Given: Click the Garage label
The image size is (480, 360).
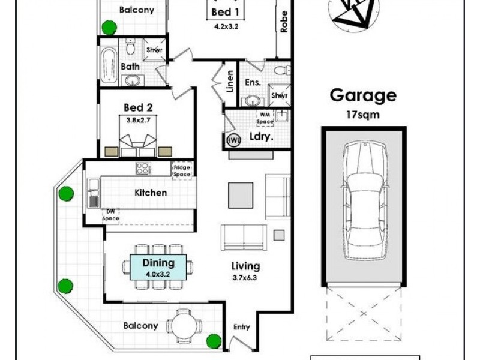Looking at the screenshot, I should pos(363,96).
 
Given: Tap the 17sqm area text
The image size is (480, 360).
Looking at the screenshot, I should pos(363,114).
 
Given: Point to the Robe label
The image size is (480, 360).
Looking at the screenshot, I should pos(283,22).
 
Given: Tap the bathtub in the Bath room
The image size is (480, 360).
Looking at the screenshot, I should pos(109,65).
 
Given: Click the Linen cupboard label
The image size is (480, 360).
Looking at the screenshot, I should pos(230,80).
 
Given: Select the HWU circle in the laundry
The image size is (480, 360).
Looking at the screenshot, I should pos(233,140).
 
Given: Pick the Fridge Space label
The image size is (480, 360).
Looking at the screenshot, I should pos(181,170).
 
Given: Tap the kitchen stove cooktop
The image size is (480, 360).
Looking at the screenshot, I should pos(144,169).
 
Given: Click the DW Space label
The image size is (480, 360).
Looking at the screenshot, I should pos(110,215).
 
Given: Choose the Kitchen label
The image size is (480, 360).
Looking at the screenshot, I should pos(151,193).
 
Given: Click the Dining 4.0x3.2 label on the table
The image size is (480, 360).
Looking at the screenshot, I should pos(158,266).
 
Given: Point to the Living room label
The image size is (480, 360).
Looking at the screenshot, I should pos(246,266).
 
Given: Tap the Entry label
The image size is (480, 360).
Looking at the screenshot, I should pos(242,327).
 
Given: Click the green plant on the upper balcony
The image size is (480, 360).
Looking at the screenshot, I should pos(109,27).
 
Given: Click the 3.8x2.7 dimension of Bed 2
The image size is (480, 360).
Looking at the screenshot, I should pos(137,119).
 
